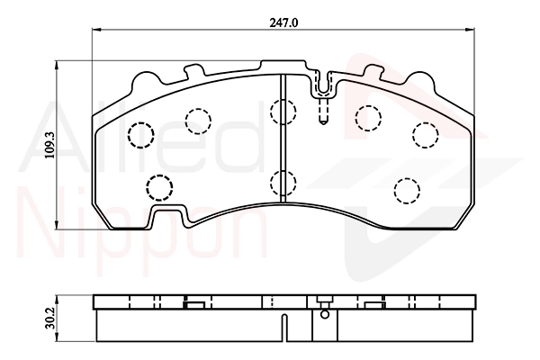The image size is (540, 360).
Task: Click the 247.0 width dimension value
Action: click(283, 22)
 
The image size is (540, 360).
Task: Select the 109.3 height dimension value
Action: click(50, 145)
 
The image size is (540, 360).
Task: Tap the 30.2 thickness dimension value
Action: click(50, 319)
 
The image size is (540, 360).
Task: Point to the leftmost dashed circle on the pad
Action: click(140, 135)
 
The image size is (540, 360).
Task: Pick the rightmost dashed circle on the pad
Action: click(426, 135)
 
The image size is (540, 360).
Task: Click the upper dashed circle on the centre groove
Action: click(283, 112)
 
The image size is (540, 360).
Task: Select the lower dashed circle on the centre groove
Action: click(283, 182)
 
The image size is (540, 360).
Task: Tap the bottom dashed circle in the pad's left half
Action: click(159, 187)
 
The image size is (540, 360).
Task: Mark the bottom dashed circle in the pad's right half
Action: click(407, 191)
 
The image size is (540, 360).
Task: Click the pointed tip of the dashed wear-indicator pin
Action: click(323, 123)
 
